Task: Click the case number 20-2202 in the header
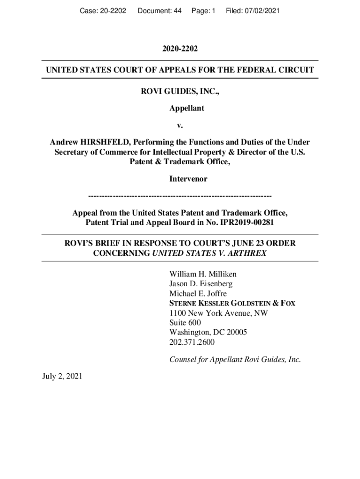111,10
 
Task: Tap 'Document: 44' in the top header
159,10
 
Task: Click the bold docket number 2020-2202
180,49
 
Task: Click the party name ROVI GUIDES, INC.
180,92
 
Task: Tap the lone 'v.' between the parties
180,125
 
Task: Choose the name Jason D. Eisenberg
201,284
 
